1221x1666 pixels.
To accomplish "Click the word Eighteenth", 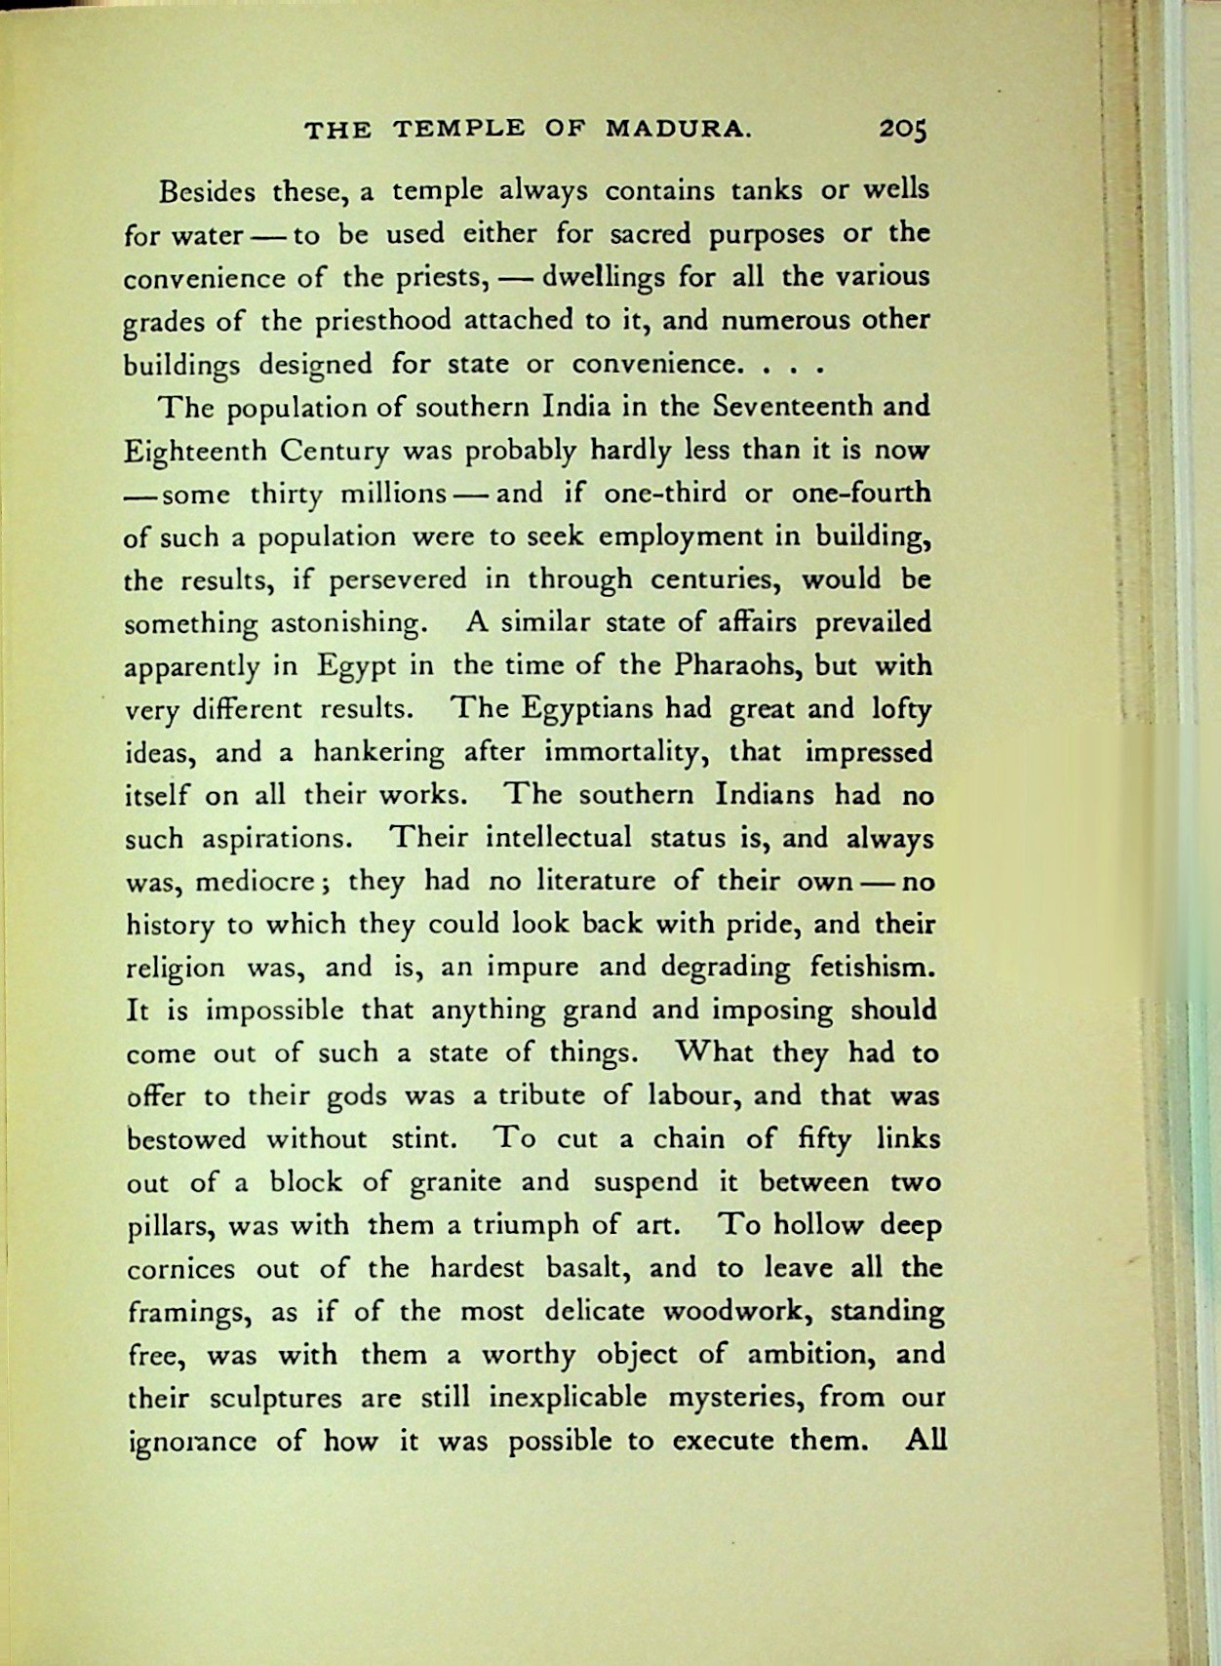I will pos(195,452).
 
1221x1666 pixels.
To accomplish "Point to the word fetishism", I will pos(873,967).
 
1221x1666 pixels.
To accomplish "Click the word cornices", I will pos(181,1269).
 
